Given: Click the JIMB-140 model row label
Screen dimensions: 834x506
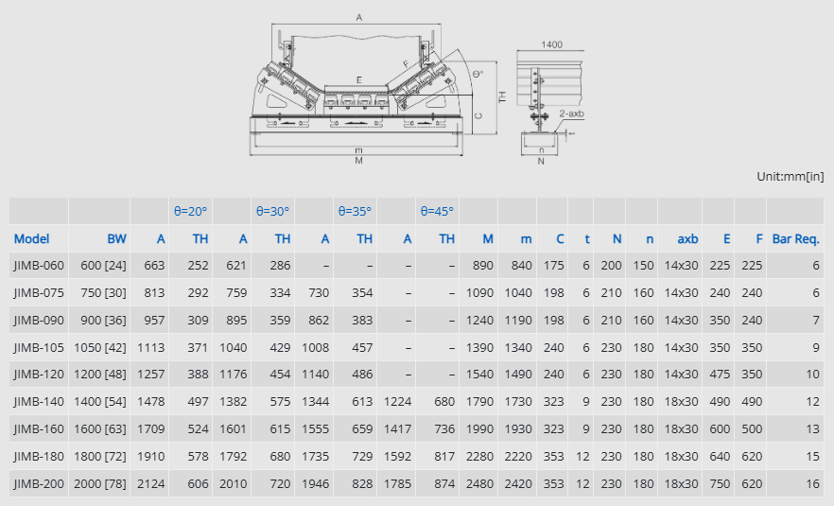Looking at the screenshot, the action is tap(39, 402).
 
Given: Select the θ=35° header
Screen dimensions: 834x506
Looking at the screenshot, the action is tap(355, 211).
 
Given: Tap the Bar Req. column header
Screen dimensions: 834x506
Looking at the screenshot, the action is tap(796, 239).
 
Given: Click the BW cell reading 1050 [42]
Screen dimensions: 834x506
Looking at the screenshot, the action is tap(100, 347).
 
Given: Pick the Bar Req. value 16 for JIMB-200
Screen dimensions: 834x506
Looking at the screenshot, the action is tap(813, 483).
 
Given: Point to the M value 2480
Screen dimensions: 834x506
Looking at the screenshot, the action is tap(479, 483).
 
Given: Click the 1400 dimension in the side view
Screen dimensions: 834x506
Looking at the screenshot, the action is tap(551, 44).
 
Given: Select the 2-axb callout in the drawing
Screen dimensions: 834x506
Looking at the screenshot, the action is tap(572, 113).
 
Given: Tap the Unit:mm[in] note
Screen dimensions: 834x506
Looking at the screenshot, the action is tap(791, 176).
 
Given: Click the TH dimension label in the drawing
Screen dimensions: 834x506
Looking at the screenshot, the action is tap(502, 96).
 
